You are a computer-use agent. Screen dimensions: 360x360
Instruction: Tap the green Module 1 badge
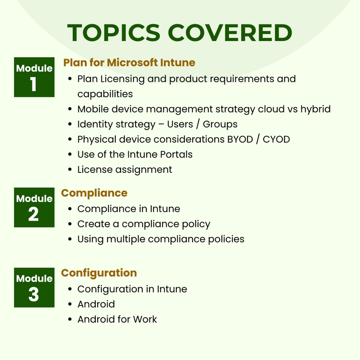tap(34, 77)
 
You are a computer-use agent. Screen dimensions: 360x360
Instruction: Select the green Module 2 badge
tap(34, 207)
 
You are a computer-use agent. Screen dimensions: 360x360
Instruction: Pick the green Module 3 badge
tap(34, 287)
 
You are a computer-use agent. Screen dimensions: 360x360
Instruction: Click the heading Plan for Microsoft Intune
tap(129, 62)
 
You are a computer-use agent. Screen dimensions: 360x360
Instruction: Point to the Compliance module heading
tap(94, 193)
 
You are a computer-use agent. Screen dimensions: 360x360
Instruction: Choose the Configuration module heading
tap(99, 273)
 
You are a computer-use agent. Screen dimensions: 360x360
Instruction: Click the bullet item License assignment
tap(125, 170)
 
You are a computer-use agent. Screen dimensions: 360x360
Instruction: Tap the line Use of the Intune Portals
tap(135, 154)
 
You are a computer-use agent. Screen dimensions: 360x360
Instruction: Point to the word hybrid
tap(315, 109)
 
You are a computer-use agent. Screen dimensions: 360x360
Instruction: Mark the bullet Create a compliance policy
tap(144, 224)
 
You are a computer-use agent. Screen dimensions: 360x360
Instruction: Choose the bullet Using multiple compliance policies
tap(161, 239)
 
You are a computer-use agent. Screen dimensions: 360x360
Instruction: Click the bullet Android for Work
tap(117, 319)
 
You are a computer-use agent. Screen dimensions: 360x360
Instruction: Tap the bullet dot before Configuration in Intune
tap(70, 289)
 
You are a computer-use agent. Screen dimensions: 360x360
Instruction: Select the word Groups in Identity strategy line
tap(220, 124)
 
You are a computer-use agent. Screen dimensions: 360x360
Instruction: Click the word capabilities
tap(105, 94)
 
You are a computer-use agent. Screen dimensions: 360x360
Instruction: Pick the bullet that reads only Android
tap(96, 304)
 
